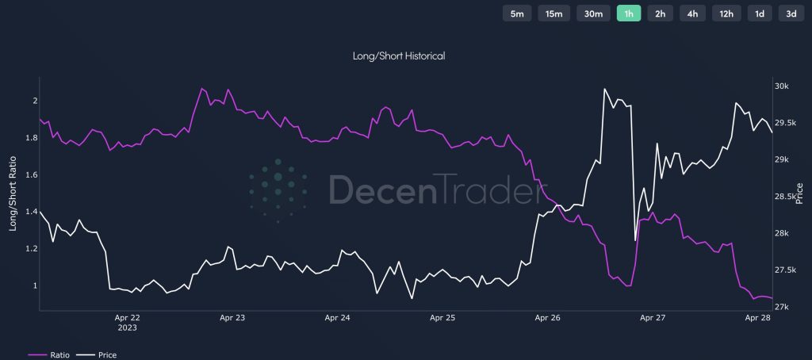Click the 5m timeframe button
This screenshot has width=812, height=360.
coord(517,13)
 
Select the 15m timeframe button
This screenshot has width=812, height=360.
coord(553,13)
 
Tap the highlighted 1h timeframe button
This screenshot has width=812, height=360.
coord(629,13)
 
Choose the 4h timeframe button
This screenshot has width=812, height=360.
coord(692,13)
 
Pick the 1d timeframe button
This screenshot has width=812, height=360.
coord(759,13)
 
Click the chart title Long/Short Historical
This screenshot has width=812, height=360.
coord(399,56)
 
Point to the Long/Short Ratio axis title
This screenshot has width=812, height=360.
coord(13,193)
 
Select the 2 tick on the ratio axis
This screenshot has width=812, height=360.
coord(35,101)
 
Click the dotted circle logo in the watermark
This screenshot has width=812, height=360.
coord(278,190)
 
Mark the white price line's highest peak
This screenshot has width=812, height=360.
coord(604,89)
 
